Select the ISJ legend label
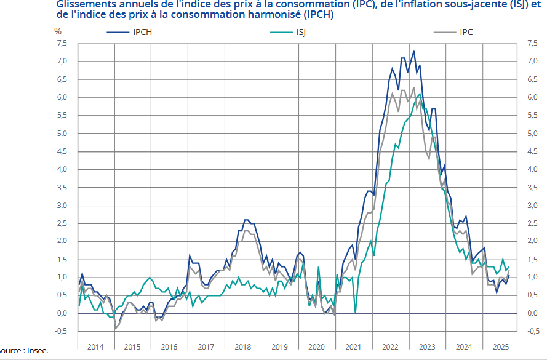click(301, 32)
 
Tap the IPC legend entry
click(466, 32)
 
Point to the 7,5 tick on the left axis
click(62, 43)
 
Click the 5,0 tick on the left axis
click(62, 134)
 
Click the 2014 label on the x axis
click(95, 347)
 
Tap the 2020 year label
click(317, 347)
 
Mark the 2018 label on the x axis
click(243, 347)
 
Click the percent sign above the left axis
click(58, 30)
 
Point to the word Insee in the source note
click(36, 351)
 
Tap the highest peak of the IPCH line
click(413, 51)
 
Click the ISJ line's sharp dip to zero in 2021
click(356, 313)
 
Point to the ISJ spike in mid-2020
click(318, 267)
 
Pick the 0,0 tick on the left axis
click(62, 313)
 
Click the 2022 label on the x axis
click(391, 347)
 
